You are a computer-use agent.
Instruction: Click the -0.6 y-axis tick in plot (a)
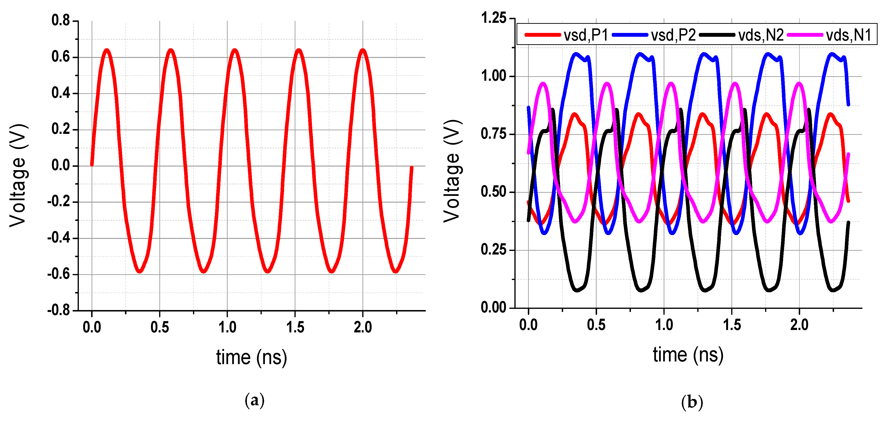point(59,274)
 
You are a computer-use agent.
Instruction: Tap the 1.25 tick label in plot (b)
point(494,18)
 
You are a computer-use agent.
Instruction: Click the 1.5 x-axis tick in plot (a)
point(295,327)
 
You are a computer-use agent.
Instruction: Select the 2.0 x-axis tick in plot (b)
point(799,325)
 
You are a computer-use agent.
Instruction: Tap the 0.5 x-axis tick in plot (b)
point(596,325)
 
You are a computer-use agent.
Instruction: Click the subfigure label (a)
point(255,400)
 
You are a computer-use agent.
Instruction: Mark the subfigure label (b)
point(692,402)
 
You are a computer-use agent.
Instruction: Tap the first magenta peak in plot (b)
point(543,84)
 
